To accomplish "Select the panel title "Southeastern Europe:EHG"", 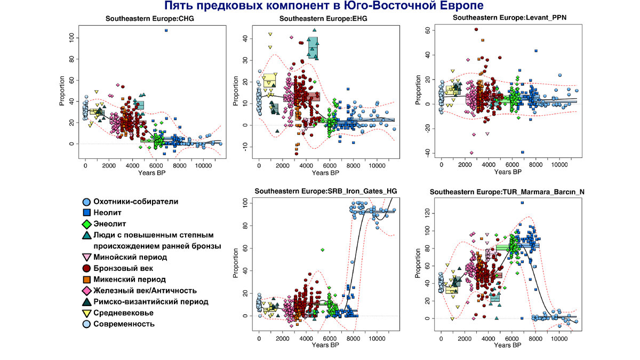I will coord(324,19).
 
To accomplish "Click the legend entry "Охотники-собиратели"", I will coord(135,202).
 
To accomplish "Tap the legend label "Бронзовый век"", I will coord(122,268).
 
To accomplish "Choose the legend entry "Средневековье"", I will coord(124,313).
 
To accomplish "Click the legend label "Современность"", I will coord(124,324).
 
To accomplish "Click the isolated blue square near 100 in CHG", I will coord(166,31).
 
